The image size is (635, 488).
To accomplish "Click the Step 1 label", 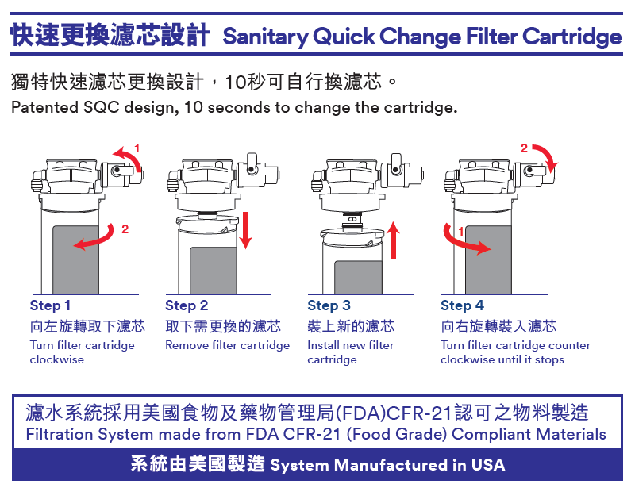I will (x=51, y=306).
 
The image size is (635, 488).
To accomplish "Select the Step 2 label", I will (x=187, y=306).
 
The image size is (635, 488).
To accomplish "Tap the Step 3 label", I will (x=329, y=306).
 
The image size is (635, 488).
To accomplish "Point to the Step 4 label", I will (x=462, y=306).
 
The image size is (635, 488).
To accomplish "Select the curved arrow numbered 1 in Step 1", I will (x=129, y=159).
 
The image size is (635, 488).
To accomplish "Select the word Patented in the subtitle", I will (x=44, y=107).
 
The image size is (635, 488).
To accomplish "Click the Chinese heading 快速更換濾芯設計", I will (x=110, y=36).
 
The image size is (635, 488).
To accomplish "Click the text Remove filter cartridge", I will (x=228, y=346).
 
